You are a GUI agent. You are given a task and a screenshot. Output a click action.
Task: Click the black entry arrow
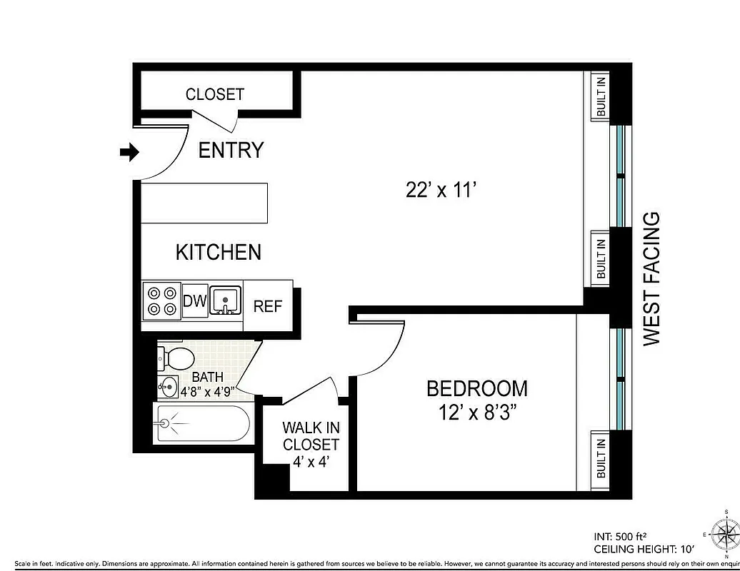tap(129, 151)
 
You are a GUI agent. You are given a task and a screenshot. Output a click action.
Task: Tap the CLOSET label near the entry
tap(214, 94)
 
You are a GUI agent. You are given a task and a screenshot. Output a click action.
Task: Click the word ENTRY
tap(231, 151)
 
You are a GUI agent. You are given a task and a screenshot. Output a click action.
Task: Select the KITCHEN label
tap(218, 252)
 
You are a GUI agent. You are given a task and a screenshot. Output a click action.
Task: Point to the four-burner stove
tap(161, 300)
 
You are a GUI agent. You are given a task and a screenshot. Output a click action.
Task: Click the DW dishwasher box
tap(194, 301)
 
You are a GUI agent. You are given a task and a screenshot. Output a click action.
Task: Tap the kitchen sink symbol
tap(226, 300)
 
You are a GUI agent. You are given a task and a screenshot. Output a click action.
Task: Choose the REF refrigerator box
tap(268, 306)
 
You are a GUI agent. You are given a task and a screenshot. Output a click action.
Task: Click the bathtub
tap(202, 424)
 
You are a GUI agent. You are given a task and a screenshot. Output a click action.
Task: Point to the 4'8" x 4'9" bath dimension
tap(208, 391)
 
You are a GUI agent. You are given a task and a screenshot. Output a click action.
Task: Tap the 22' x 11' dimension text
tap(440, 190)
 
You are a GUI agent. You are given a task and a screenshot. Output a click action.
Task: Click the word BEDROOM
tap(476, 388)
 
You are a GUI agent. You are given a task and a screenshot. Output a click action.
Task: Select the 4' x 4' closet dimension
tap(311, 461)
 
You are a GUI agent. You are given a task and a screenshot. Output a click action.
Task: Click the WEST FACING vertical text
tap(652, 279)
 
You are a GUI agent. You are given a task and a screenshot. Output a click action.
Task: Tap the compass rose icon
tap(726, 533)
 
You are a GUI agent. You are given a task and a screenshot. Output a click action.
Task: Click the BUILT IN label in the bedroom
tap(601, 457)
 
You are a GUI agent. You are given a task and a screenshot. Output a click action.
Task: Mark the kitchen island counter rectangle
tap(204, 203)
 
